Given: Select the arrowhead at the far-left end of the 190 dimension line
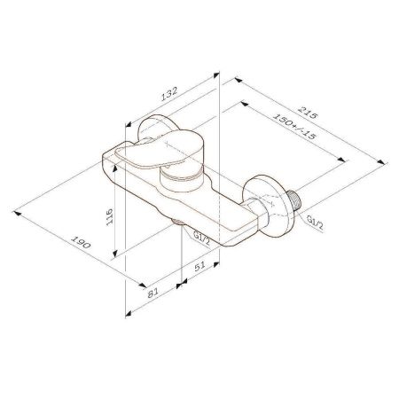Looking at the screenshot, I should click(17, 211).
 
